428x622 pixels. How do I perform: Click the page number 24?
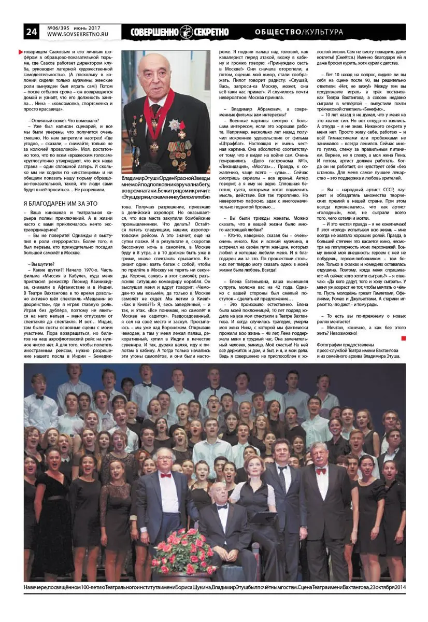tap(32, 32)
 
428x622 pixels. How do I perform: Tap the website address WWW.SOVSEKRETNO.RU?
tap(76, 35)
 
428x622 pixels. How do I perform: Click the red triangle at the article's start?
tap(21, 52)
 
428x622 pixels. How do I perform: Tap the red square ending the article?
tap(403, 338)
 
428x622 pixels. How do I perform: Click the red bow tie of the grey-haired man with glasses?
tap(165, 475)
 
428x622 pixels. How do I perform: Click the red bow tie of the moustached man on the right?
tap(321, 471)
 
